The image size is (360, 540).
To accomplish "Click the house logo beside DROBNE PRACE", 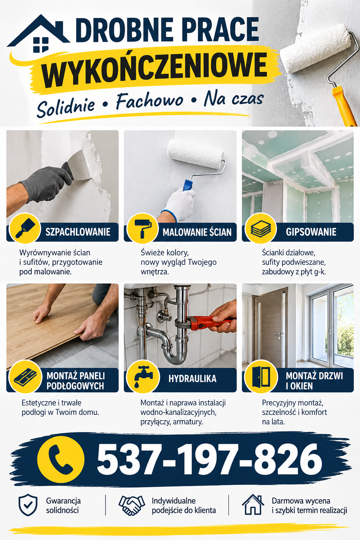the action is click(39, 34).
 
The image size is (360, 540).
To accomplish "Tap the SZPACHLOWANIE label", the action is click(78, 232).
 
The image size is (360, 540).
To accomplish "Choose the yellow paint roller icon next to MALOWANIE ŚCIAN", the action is click(142, 228).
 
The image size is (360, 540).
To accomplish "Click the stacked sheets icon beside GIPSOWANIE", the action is click(261, 228).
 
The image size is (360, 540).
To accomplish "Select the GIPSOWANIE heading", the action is click(311, 232).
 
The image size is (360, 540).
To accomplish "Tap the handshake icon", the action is click(131, 505).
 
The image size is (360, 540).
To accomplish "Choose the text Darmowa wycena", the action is click(301, 501).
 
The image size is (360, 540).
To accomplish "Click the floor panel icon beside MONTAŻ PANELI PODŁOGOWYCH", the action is click(25, 377).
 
